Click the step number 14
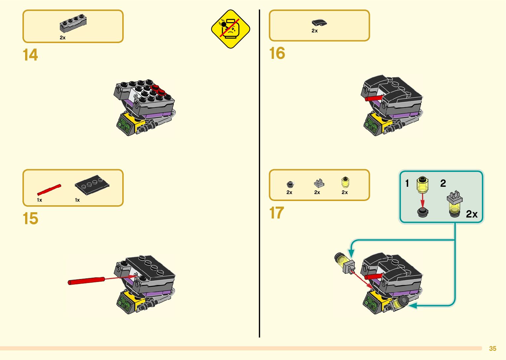(x=30, y=55)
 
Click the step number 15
(x=30, y=219)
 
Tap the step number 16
(x=277, y=53)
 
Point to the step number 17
(x=277, y=213)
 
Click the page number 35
(x=492, y=348)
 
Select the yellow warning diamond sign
(x=230, y=29)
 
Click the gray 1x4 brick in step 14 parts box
(x=73, y=23)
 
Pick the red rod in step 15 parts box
(x=49, y=190)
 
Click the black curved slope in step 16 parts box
(x=319, y=22)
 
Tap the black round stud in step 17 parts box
(x=290, y=184)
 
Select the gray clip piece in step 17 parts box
(x=319, y=183)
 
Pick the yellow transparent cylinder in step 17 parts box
(x=345, y=182)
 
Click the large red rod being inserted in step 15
(x=87, y=281)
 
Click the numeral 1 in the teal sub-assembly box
(x=407, y=183)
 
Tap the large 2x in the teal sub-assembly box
(x=472, y=214)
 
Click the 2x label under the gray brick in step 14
(x=62, y=38)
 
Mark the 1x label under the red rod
(x=39, y=200)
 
